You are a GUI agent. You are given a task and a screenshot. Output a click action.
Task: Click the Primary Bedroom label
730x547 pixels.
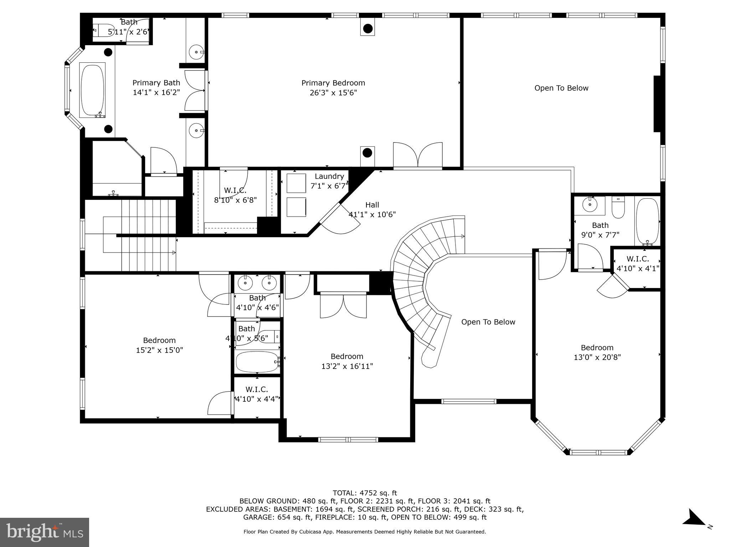[x=333, y=83]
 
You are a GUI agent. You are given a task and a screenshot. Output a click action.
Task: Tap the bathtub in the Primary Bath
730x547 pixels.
[x=93, y=90]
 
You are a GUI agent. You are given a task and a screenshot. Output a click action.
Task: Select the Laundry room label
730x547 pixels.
[x=329, y=176]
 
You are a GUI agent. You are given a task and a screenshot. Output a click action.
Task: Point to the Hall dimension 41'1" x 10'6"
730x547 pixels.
[x=372, y=214]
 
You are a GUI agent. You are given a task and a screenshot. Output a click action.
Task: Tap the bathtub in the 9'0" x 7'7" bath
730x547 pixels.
[x=648, y=221]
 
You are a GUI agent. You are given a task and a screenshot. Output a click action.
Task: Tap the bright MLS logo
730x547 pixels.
[x=45, y=532]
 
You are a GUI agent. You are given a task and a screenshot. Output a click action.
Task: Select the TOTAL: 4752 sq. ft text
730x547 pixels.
[x=364, y=493]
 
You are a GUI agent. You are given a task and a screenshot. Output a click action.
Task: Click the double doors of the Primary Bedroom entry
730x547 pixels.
[x=418, y=155]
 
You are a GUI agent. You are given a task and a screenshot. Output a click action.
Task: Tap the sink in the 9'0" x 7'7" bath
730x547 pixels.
[x=590, y=204]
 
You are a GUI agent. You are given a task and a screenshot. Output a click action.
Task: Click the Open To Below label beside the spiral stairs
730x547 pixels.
[x=488, y=322]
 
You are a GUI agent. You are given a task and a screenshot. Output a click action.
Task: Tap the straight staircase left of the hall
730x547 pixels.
[x=149, y=235]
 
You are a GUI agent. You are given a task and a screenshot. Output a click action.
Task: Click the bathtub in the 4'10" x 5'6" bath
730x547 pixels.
[x=257, y=362]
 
